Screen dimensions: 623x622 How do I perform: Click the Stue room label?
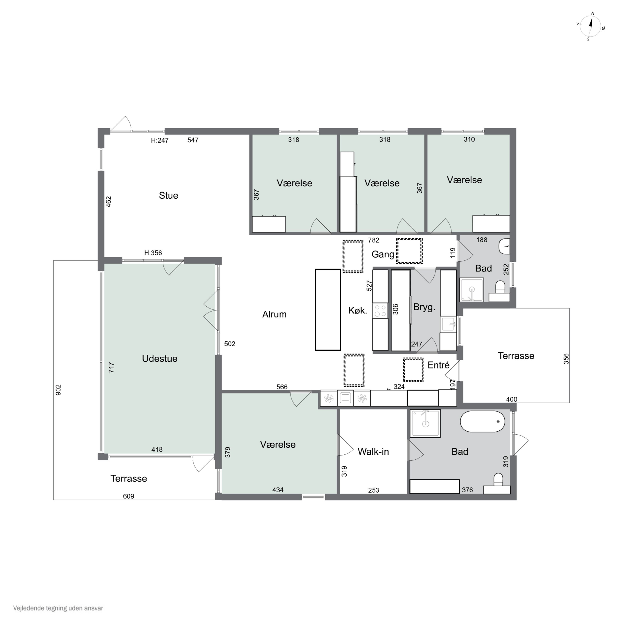point(168,195)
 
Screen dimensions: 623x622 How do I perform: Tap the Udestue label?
point(160,359)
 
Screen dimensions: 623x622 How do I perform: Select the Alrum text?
point(274,314)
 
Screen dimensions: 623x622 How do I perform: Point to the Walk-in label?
point(373,451)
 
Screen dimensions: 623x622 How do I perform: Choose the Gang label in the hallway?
point(383,254)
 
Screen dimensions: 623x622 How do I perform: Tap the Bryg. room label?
point(424,307)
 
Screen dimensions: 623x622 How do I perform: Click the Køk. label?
point(358,310)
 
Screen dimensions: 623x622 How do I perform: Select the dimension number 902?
point(58,390)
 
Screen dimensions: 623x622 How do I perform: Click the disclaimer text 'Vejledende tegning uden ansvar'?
point(58,608)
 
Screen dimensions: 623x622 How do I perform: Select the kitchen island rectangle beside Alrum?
point(328,310)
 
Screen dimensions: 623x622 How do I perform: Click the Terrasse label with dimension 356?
point(516,356)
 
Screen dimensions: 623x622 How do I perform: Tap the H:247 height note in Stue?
point(160,140)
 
